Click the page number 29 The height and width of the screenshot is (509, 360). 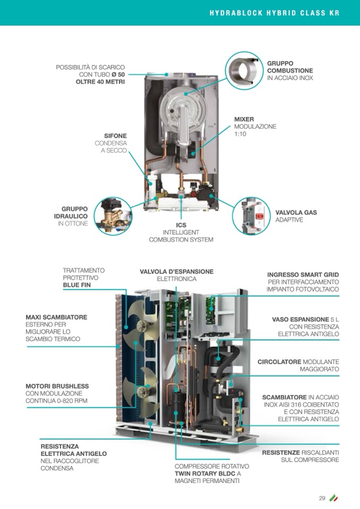[322, 498]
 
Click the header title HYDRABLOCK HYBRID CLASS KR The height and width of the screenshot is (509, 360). [273, 13]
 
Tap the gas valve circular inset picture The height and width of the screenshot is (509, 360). [252, 215]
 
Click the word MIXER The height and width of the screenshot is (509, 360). [244, 119]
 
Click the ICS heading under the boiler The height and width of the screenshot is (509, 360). [181, 225]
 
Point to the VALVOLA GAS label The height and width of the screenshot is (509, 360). [296, 212]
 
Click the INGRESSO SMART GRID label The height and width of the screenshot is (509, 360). [303, 274]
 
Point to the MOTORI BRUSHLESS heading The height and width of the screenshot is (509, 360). [57, 386]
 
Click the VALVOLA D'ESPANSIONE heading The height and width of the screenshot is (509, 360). [177, 271]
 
